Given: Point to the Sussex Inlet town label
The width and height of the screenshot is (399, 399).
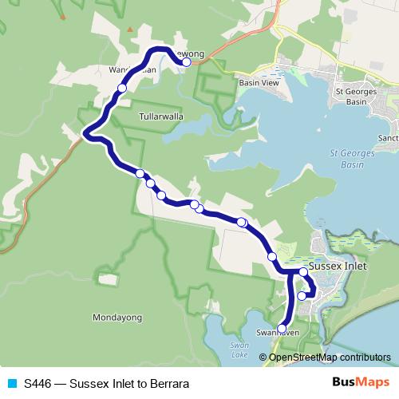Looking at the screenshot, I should pos(337,267).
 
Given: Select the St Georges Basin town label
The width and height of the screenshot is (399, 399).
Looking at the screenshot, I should pos(356,97).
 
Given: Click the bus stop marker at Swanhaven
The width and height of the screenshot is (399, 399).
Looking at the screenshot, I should pos(282,328).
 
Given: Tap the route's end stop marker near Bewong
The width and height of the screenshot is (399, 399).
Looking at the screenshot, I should pos(186,61).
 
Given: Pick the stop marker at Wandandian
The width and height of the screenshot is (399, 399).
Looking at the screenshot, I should pos(122,88).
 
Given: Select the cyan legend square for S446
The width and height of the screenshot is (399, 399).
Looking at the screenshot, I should pos(12,383).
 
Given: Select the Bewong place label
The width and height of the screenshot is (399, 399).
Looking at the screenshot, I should pos(192,53).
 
